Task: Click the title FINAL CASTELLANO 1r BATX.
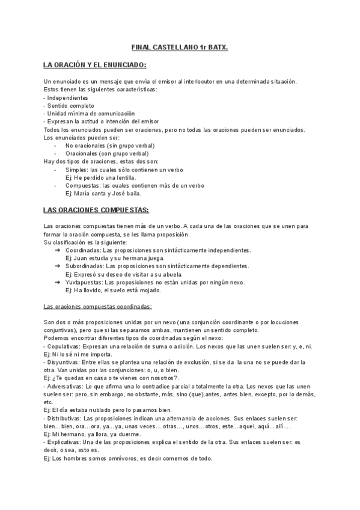click(x=180, y=47)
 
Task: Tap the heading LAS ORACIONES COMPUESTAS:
click(x=96, y=210)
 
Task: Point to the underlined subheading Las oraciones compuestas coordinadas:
click(x=98, y=307)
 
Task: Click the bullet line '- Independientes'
click(x=66, y=97)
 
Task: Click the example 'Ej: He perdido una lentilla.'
click(x=100, y=177)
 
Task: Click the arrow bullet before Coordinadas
click(x=57, y=250)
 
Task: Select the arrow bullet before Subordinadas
click(x=57, y=266)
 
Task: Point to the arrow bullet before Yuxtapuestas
click(x=57, y=282)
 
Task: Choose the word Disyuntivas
click(x=64, y=363)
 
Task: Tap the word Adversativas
click(x=66, y=387)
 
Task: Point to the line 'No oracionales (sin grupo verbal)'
click(x=110, y=146)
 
